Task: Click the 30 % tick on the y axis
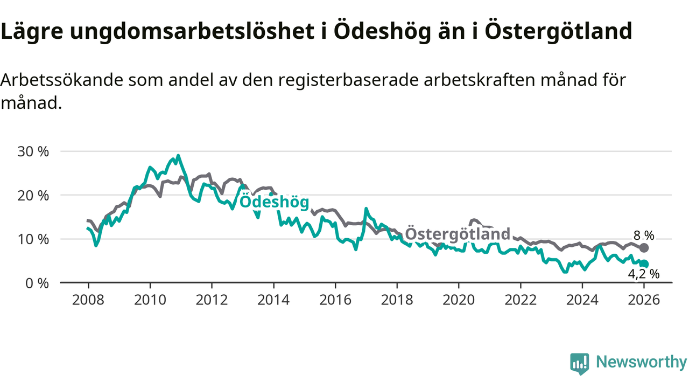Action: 33,151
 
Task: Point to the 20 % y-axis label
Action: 33,195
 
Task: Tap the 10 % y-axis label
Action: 33,239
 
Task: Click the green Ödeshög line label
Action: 275,202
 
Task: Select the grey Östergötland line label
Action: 457,234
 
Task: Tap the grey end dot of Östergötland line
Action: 644,248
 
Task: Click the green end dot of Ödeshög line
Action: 644,264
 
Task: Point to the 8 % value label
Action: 644,235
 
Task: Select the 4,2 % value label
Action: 644,274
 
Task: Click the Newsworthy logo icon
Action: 580,364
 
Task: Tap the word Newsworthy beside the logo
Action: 642,362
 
